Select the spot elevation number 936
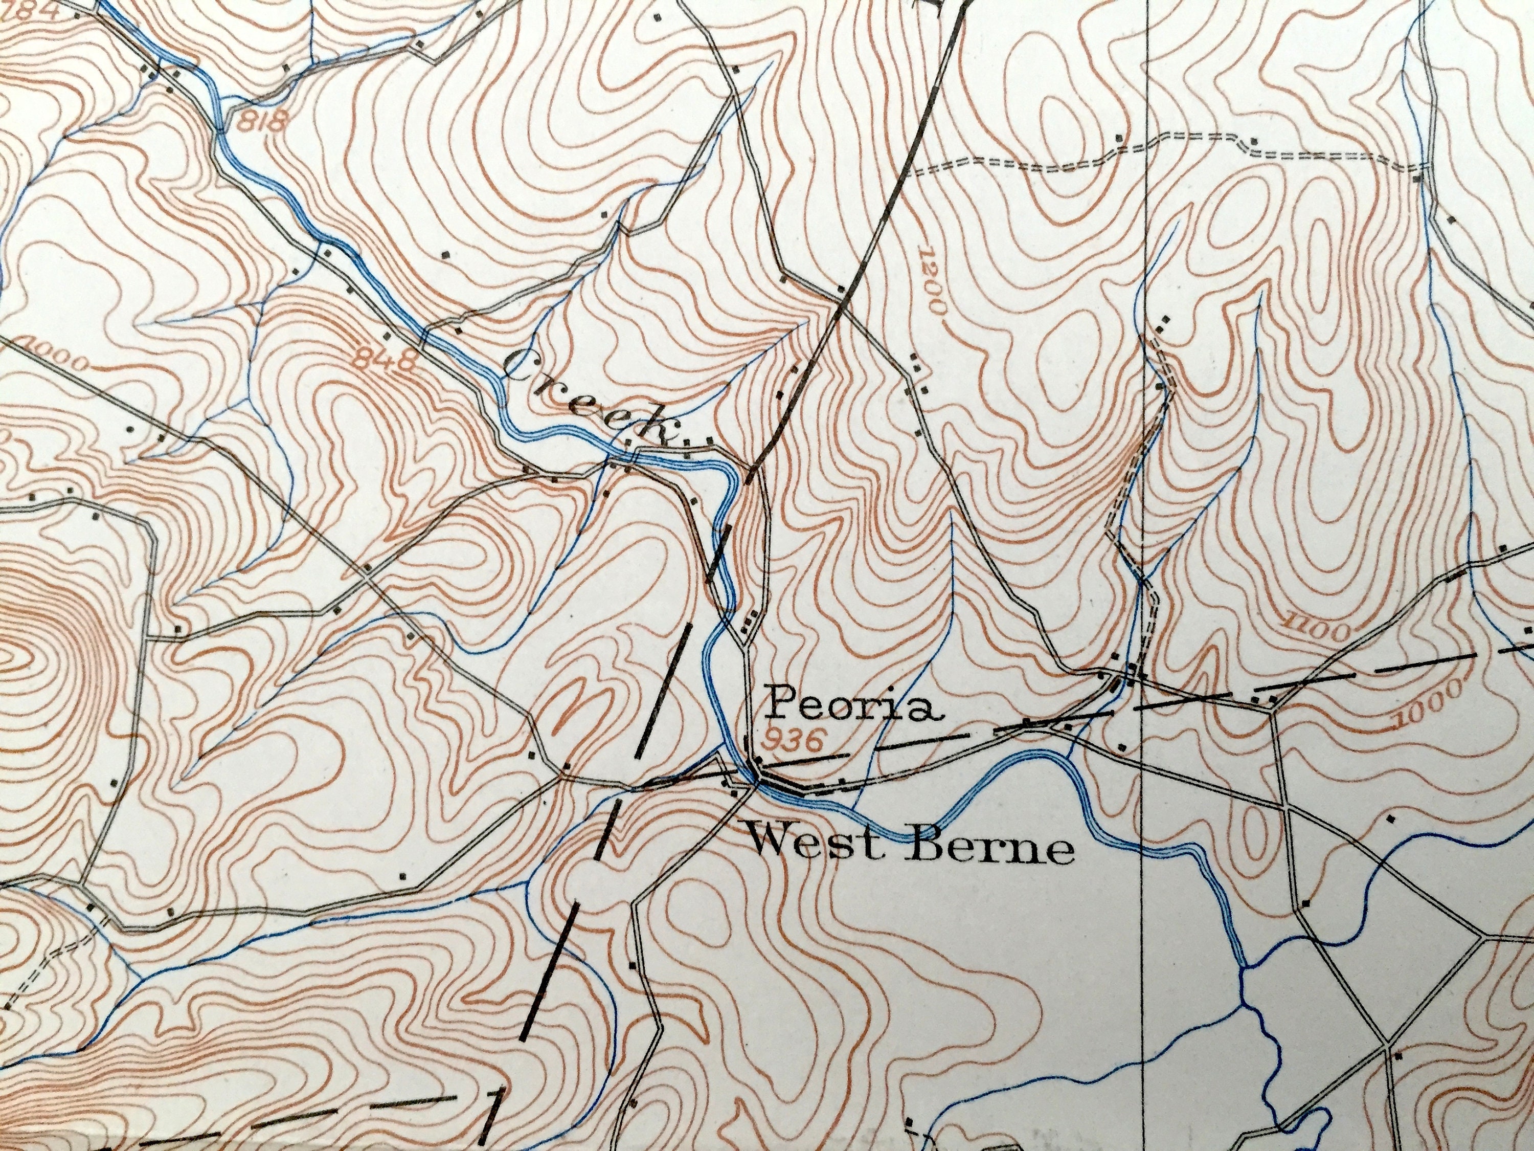(x=791, y=741)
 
